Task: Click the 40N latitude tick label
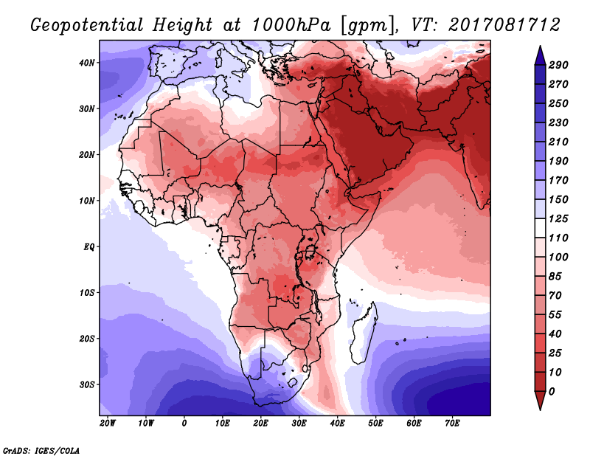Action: point(87,63)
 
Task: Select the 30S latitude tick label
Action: point(87,385)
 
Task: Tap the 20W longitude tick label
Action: point(108,424)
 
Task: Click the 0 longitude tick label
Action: point(184,424)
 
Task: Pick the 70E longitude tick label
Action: point(452,424)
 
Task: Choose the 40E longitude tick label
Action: point(337,424)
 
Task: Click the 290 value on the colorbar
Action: point(558,65)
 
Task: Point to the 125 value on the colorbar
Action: point(558,218)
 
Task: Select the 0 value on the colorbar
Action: point(552,392)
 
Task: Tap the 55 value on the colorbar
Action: point(555,315)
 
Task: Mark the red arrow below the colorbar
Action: point(540,401)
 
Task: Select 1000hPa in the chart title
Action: point(291,25)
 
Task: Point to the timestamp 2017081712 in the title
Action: point(504,25)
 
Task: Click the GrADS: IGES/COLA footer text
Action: point(41,451)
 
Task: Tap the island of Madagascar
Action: point(363,334)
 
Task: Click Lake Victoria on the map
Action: point(310,251)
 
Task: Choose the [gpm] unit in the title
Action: point(369,26)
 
